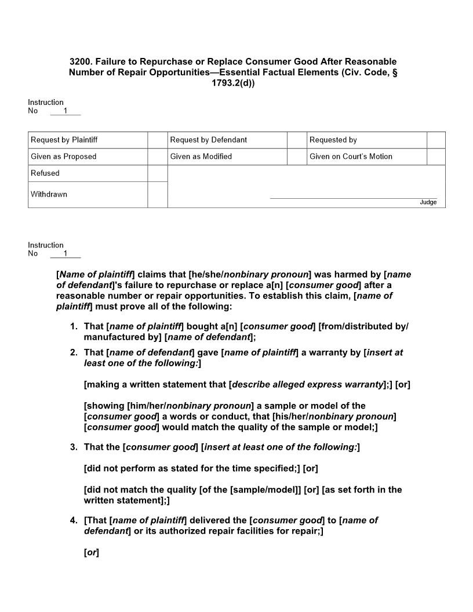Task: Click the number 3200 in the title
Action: (80, 61)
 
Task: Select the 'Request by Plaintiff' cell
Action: (88, 140)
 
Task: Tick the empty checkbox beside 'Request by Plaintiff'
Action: (157, 140)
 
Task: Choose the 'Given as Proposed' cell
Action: (88, 156)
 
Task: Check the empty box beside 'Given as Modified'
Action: (297, 156)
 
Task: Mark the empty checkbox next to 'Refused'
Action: (157, 173)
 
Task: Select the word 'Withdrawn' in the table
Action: (49, 194)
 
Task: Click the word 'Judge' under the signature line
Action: (428, 202)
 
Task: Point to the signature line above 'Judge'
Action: (353, 198)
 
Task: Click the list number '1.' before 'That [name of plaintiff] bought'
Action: (74, 326)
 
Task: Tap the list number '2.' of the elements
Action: (74, 352)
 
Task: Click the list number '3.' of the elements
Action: (74, 447)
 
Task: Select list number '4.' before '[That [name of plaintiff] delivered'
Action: (74, 520)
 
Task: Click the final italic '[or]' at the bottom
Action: (92, 553)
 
